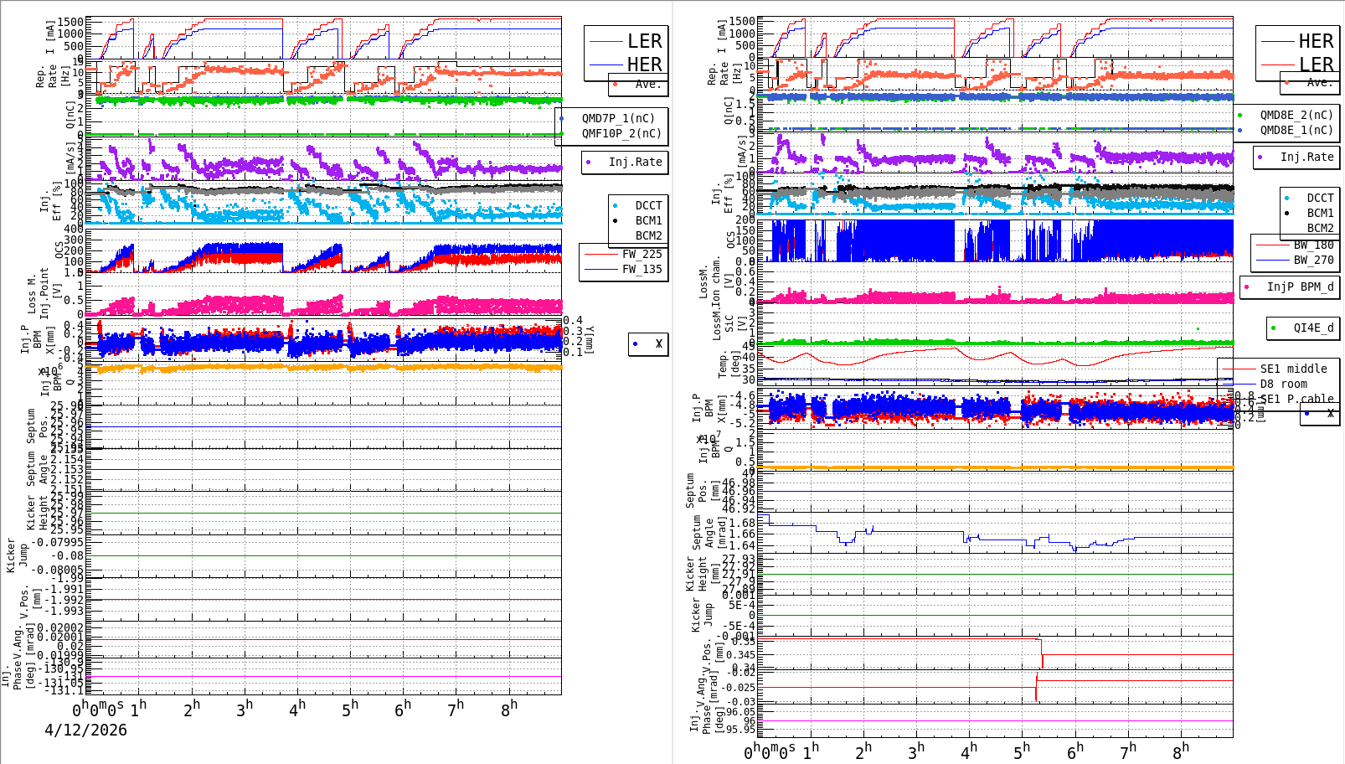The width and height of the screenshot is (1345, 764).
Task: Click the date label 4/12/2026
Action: (x=85, y=730)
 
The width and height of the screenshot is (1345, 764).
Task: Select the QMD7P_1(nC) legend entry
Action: (x=618, y=118)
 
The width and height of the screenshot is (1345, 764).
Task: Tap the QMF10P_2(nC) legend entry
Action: (x=621, y=133)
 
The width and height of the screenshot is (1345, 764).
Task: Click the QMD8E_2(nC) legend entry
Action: (x=1296, y=115)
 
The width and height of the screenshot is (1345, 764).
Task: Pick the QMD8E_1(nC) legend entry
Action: (x=1296, y=130)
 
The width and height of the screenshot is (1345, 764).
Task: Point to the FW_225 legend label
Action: (x=642, y=254)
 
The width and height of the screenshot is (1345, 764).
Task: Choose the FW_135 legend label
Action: (x=642, y=269)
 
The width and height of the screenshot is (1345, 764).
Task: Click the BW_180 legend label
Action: (x=1313, y=245)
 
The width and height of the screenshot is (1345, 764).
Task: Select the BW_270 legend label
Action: (x=1313, y=260)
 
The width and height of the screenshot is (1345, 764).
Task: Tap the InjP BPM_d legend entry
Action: (x=1300, y=286)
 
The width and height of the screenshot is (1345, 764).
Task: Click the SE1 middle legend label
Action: (x=1293, y=369)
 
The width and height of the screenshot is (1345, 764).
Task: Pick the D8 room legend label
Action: (x=1283, y=384)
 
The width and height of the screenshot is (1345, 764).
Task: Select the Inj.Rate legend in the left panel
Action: (x=635, y=162)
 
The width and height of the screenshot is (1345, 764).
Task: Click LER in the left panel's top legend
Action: (x=644, y=41)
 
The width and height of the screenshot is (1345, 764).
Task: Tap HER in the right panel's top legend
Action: (x=1316, y=41)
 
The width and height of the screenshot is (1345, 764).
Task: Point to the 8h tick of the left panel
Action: (x=509, y=710)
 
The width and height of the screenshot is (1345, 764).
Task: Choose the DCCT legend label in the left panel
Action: (x=648, y=205)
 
